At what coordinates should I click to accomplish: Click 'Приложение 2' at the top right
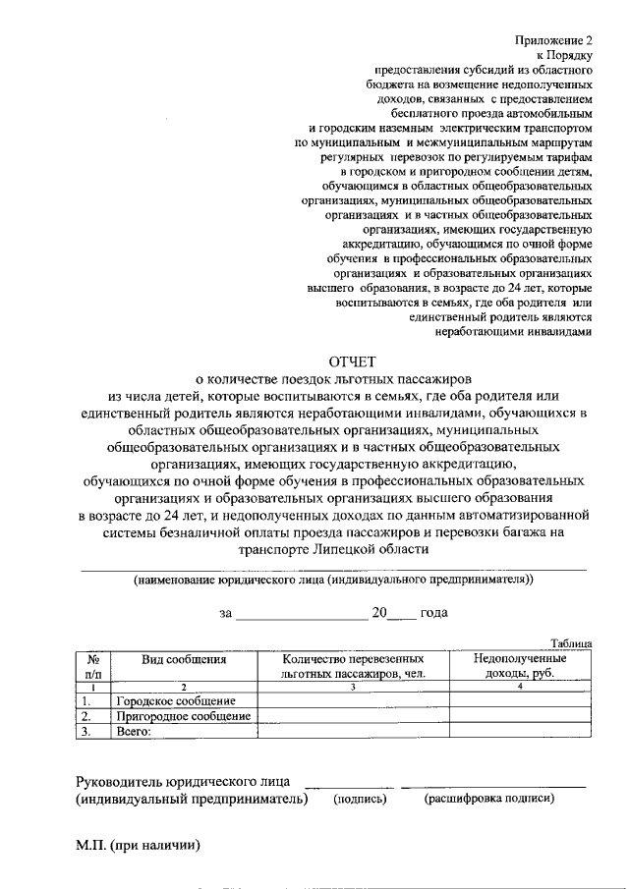555,40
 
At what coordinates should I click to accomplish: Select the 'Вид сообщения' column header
184,659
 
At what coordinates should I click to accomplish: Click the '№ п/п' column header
93,666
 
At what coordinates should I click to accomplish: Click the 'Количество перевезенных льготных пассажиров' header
353,666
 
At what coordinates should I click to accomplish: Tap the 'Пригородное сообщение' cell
182,716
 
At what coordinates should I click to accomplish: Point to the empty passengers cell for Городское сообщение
353,701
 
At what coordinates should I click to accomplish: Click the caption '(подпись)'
360,799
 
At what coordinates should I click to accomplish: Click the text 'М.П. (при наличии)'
138,845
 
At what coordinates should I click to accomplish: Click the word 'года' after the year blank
433,612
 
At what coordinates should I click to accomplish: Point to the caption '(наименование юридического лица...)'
333,580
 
